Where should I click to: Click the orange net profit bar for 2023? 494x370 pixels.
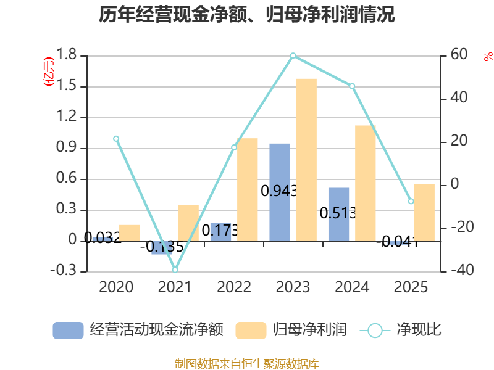(306, 159)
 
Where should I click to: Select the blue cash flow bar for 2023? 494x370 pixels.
(280, 192)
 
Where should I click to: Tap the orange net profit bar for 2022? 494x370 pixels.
(248, 189)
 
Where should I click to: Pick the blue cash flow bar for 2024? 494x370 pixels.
(338, 214)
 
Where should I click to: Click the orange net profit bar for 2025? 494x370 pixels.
(424, 212)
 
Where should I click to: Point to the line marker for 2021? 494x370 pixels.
(175, 270)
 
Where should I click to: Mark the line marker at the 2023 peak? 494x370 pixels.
(293, 55)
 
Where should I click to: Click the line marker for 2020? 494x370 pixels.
(116, 139)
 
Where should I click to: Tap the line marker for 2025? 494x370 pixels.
(411, 202)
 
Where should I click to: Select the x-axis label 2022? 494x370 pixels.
(234, 287)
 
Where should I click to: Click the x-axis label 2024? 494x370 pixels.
(352, 287)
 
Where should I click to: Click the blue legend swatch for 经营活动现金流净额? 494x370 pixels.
(68, 331)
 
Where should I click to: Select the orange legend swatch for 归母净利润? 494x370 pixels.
(251, 331)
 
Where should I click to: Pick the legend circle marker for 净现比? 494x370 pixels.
(375, 331)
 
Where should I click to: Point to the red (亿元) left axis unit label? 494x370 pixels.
(49, 71)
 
